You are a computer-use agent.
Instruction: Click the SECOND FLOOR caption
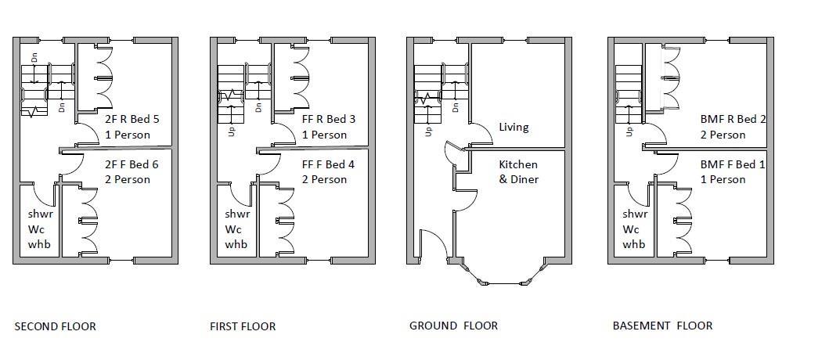56,326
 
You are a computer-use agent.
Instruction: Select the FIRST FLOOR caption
243,326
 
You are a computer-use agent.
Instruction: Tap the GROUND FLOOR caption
453,326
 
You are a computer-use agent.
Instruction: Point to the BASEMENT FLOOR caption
662,326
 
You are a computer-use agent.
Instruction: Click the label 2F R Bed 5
132,120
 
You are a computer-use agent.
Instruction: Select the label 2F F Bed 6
132,164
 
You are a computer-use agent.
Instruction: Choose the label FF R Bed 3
329,120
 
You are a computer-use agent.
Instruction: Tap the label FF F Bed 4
329,164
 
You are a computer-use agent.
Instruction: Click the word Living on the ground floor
514,127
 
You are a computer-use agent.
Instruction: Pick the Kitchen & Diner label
518,171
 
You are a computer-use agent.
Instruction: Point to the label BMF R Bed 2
733,120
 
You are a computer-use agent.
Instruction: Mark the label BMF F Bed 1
733,164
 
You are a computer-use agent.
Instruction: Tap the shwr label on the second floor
40,214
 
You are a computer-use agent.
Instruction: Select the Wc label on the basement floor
630,229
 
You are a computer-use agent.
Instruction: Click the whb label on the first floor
236,244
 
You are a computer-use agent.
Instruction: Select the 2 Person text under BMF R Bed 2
723,135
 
